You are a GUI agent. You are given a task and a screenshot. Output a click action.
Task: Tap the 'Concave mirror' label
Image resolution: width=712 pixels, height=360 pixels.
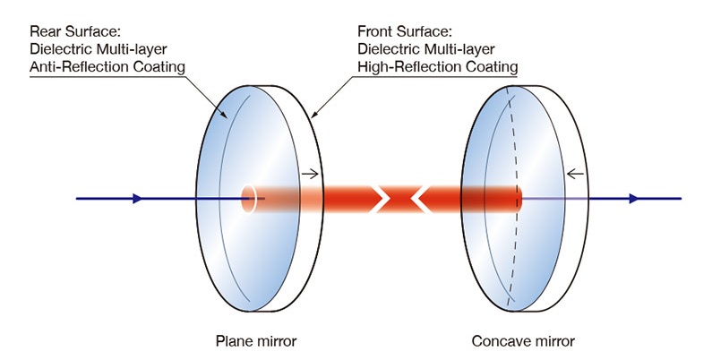coord(523,340)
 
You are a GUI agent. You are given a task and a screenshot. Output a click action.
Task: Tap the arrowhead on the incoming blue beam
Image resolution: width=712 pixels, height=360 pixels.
coord(137,198)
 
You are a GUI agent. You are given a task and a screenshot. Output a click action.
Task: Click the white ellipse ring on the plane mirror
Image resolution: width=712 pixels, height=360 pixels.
coord(249,198)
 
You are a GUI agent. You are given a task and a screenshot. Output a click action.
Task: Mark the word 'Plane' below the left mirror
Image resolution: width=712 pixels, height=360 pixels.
coord(230,340)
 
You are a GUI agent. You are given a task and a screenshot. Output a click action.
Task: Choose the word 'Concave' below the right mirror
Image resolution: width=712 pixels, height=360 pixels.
coord(500,340)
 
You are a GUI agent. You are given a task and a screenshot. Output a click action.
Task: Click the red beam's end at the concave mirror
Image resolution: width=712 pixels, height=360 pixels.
coord(518,198)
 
